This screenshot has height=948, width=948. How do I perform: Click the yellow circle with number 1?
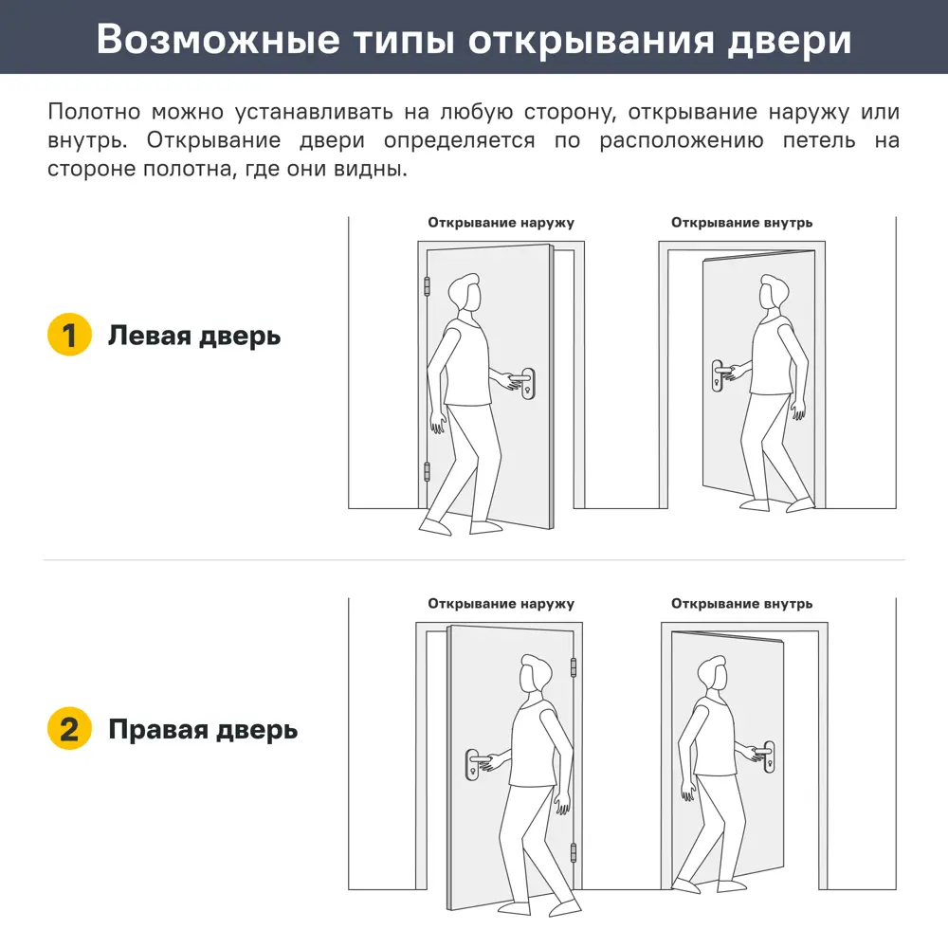(69, 336)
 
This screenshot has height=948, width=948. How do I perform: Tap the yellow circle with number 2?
(69, 729)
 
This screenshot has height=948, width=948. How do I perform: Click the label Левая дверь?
(194, 336)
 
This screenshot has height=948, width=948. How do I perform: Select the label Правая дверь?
(203, 729)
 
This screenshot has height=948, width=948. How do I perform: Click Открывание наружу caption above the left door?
(501, 223)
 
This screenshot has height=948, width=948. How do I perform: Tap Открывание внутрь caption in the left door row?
(741, 223)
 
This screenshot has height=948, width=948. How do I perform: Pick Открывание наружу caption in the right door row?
(501, 603)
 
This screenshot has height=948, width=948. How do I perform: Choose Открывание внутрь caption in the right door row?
(741, 603)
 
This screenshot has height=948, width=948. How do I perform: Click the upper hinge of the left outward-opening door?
(427, 285)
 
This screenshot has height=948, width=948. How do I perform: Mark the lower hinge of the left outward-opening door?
(427, 470)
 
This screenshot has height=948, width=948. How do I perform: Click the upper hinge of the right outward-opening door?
(574, 667)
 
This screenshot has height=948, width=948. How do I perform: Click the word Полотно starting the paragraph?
(91, 112)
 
